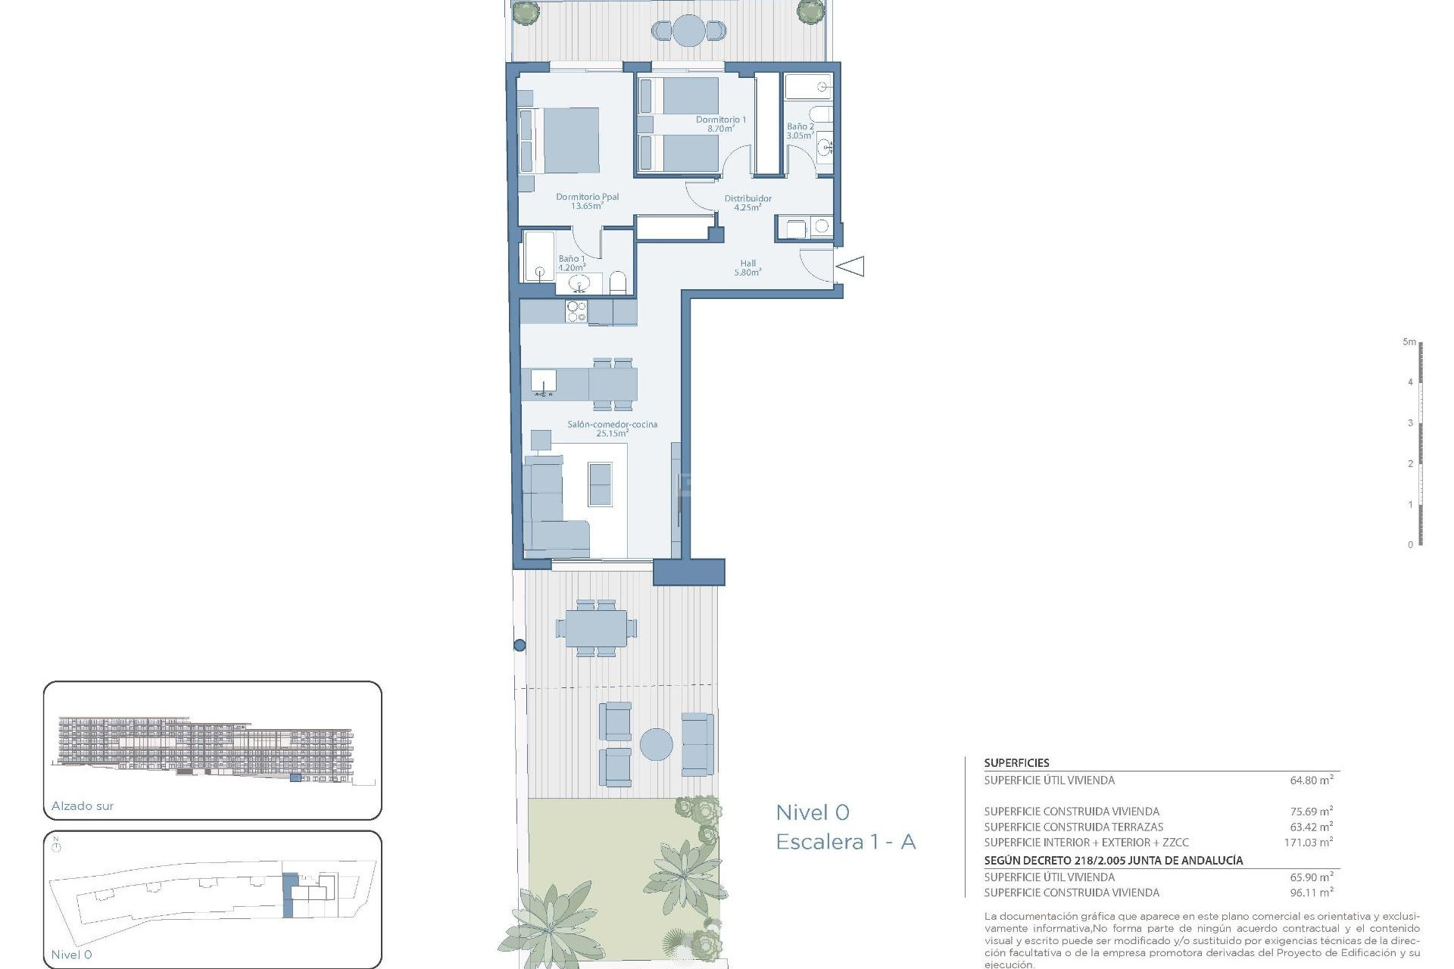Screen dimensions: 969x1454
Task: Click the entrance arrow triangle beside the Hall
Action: click(851, 266)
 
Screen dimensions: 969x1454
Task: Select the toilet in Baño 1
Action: click(617, 283)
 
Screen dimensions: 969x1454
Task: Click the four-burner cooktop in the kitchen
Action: click(576, 312)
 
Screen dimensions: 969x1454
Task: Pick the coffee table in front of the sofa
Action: click(600, 484)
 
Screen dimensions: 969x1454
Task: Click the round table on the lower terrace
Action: click(656, 744)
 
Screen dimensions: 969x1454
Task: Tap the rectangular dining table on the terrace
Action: click(596, 628)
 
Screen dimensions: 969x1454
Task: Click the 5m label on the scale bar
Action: click(1409, 342)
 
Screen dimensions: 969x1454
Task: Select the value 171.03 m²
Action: click(1308, 842)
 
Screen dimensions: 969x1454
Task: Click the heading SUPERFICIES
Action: click(1016, 763)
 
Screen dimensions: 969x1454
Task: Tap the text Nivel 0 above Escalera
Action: click(812, 812)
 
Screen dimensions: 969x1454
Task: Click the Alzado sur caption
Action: click(83, 806)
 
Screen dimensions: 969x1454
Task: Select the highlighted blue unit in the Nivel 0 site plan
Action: click(288, 895)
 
